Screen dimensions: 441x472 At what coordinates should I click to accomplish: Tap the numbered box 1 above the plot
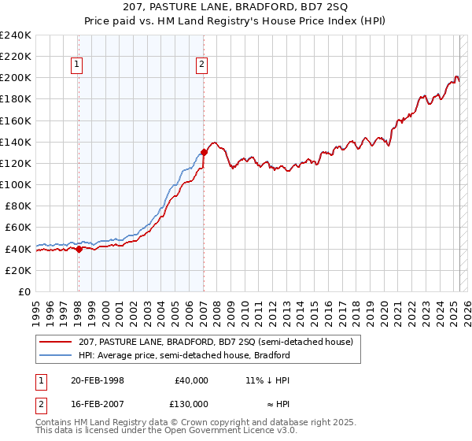click(78, 65)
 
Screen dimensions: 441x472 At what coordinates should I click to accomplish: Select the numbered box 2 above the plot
click(202, 65)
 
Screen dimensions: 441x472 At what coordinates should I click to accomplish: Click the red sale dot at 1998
click(79, 249)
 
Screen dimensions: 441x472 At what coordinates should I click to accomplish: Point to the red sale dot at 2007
click(204, 152)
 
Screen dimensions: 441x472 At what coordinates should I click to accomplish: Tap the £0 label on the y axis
click(24, 291)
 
